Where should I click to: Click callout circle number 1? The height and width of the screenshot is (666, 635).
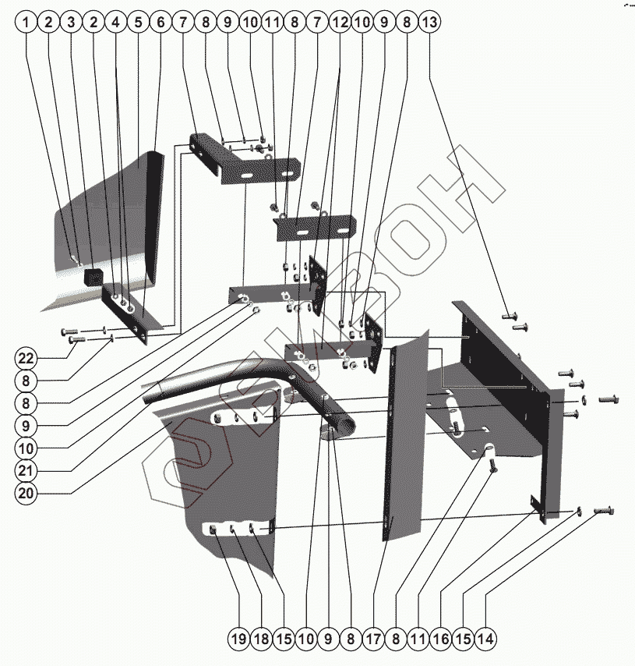click(x=26, y=23)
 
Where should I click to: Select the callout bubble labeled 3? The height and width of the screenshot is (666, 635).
click(x=71, y=23)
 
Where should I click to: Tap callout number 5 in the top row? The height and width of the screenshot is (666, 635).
click(x=138, y=23)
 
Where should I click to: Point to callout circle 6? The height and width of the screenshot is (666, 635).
click(x=161, y=23)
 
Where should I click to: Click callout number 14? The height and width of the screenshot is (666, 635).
click(x=485, y=639)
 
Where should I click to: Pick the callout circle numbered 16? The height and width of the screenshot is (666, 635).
click(x=440, y=639)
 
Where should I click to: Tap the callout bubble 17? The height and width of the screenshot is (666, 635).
click(x=373, y=639)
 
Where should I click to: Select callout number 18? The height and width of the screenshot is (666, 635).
click(x=261, y=639)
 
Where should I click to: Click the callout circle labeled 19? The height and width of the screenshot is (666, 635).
click(x=238, y=639)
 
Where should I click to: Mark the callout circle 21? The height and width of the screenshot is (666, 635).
click(x=26, y=471)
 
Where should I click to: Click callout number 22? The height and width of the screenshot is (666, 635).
click(x=26, y=359)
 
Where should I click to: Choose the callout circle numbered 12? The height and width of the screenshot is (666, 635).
click(x=339, y=23)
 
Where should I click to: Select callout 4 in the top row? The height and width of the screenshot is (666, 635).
click(x=115, y=23)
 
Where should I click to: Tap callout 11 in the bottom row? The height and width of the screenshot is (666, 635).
click(x=418, y=639)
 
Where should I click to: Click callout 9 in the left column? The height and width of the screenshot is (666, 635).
click(x=26, y=426)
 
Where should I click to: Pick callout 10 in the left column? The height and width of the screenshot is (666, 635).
click(x=26, y=448)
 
